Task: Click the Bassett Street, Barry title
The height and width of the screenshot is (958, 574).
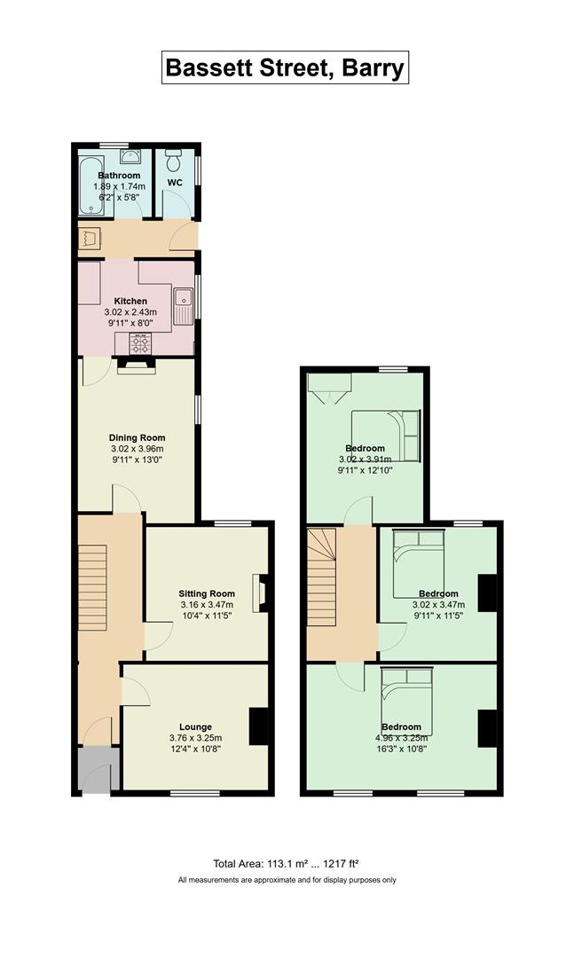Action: click(x=285, y=67)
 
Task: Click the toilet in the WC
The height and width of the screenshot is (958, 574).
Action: click(x=175, y=160)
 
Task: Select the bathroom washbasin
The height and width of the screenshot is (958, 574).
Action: click(x=130, y=156)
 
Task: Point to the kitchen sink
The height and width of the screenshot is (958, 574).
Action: click(x=184, y=305)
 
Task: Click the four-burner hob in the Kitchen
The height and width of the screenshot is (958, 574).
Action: click(x=140, y=343)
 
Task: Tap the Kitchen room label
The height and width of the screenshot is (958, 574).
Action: click(x=130, y=302)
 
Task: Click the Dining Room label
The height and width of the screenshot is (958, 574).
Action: click(x=137, y=437)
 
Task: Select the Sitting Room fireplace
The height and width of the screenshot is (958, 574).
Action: click(x=261, y=593)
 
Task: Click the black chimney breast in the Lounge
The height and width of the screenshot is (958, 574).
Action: click(x=258, y=726)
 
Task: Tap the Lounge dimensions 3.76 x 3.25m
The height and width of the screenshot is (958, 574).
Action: click(x=195, y=738)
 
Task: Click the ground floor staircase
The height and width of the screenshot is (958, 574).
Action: click(x=92, y=588)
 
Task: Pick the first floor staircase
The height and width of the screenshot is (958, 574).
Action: click(x=321, y=577)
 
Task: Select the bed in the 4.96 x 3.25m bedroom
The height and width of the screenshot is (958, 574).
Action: click(x=407, y=702)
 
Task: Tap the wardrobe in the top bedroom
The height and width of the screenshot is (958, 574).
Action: click(x=329, y=388)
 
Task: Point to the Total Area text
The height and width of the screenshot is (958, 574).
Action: click(x=286, y=864)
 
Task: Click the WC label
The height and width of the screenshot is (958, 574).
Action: click(x=175, y=183)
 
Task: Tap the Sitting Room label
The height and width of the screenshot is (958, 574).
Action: click(x=207, y=593)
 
